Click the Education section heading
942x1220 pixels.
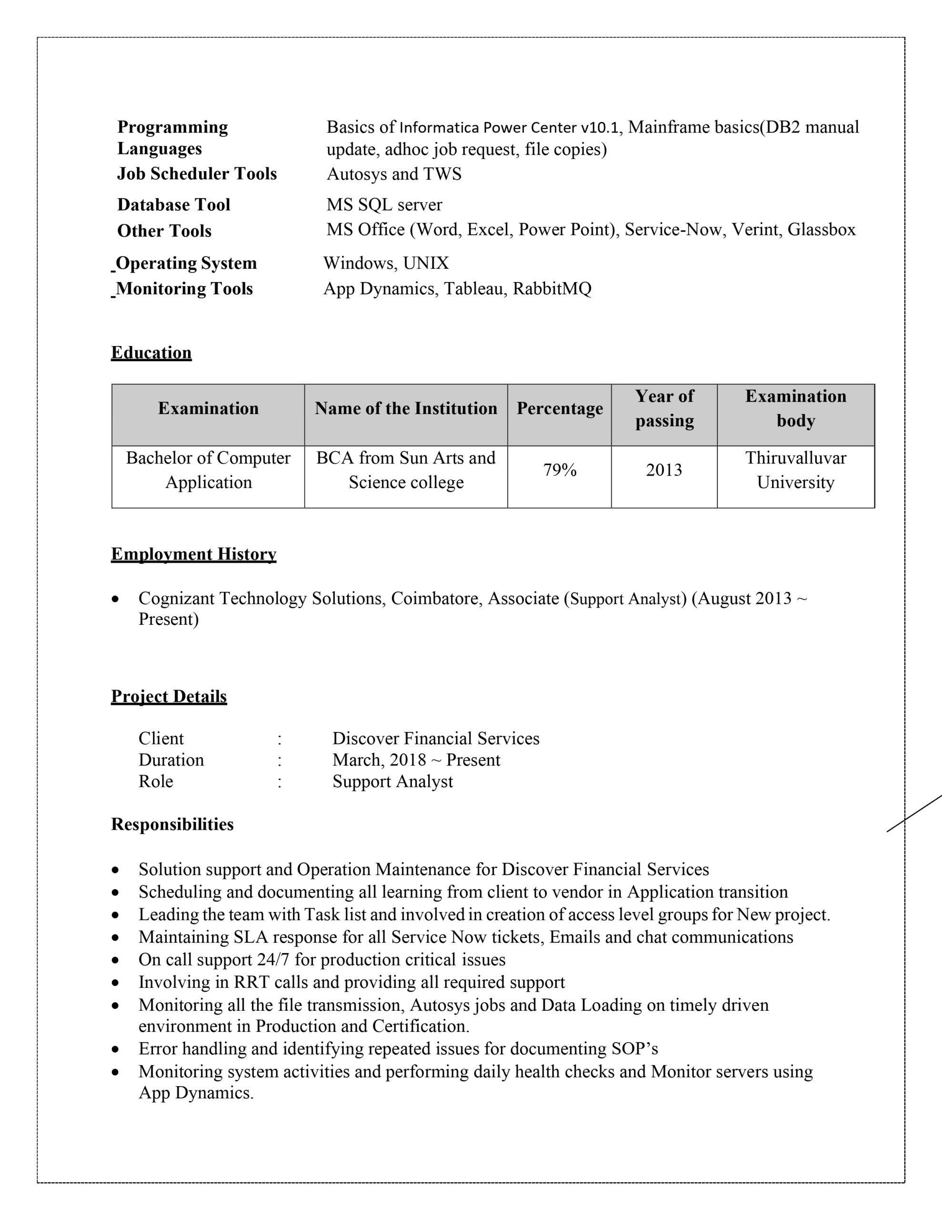(x=151, y=353)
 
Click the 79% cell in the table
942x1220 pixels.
(x=560, y=470)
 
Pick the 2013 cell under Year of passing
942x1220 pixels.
(x=664, y=470)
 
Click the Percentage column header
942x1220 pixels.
(x=560, y=408)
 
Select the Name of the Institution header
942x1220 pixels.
(x=406, y=408)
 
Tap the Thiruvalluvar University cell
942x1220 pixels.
(x=795, y=470)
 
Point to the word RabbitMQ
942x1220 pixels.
(x=551, y=289)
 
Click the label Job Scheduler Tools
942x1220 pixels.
(x=197, y=174)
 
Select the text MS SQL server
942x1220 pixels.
(x=384, y=204)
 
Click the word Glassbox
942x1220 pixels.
(x=822, y=230)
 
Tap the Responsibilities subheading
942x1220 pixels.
(x=172, y=824)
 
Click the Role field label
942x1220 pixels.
(x=156, y=781)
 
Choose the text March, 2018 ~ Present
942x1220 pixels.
(x=416, y=760)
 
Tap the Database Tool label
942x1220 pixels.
(x=174, y=204)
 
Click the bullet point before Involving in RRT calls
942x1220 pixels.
(x=115, y=983)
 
